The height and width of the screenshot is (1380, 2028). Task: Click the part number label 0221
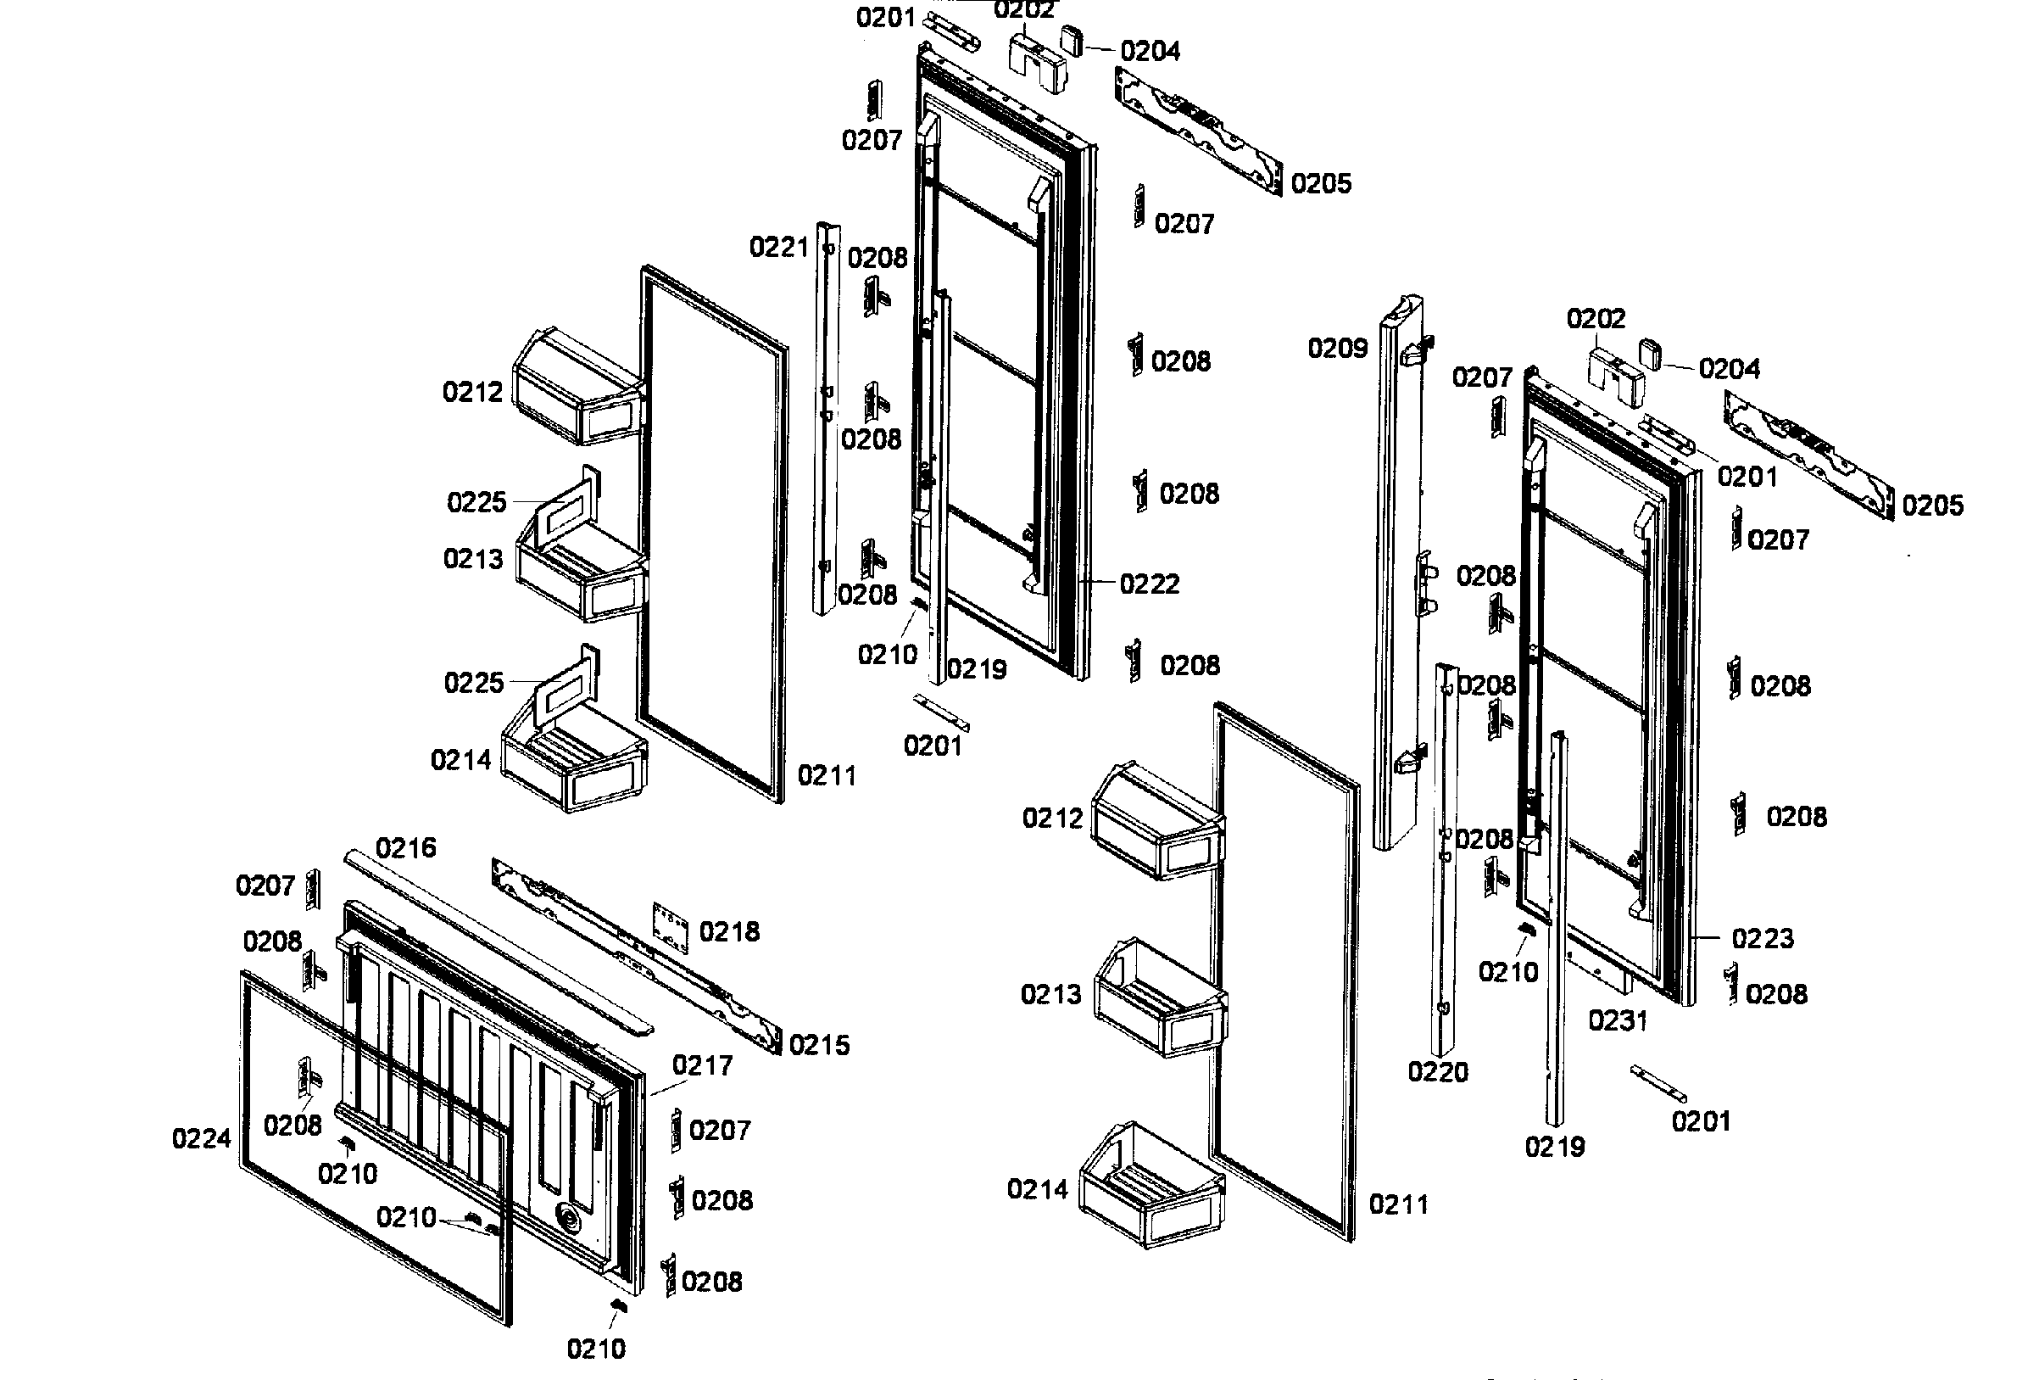(779, 248)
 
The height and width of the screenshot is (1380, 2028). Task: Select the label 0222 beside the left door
(1150, 584)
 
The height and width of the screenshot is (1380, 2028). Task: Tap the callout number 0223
(1763, 939)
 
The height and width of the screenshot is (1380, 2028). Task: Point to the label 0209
(1337, 349)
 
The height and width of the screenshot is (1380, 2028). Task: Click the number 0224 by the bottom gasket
(202, 1139)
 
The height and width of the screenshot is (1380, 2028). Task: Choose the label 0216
(406, 848)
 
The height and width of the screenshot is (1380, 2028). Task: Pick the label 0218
(729, 932)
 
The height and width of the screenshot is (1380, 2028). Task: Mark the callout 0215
(818, 1046)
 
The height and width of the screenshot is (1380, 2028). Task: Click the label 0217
(702, 1066)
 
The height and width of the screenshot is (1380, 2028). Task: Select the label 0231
(1617, 1020)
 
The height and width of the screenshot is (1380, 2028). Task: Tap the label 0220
(1438, 1072)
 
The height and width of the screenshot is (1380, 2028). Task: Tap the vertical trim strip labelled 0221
(827, 419)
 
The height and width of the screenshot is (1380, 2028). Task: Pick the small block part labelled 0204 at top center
(1072, 41)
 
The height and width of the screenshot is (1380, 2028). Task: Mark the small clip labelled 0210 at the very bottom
(619, 1304)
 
